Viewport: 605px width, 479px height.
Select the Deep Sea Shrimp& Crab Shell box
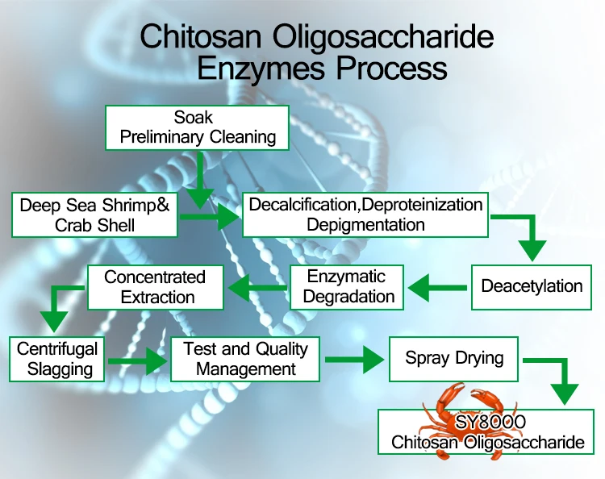tap(95, 215)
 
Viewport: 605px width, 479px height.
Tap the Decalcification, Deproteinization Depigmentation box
tap(365, 215)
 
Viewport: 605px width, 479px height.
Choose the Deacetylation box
tap(532, 286)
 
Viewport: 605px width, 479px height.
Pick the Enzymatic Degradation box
tap(348, 286)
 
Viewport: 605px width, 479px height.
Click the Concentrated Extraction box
tap(155, 286)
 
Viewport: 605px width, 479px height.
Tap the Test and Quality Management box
tap(245, 360)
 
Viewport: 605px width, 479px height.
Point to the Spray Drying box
tap(454, 358)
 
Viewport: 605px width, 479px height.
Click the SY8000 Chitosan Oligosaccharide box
tap(487, 431)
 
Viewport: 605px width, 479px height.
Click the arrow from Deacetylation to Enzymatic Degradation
tap(436, 285)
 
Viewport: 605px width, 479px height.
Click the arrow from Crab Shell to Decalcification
tap(210, 215)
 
